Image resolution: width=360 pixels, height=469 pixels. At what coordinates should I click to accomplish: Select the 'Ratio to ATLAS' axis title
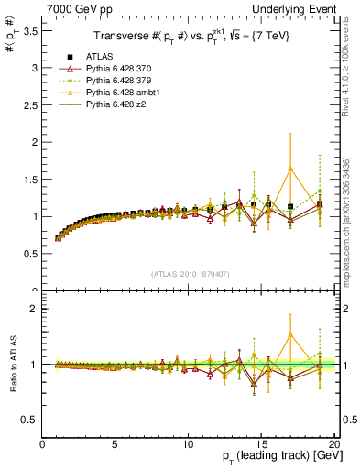click(x=11, y=366)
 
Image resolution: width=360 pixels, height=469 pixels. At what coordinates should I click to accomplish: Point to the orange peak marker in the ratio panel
click(x=290, y=334)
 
